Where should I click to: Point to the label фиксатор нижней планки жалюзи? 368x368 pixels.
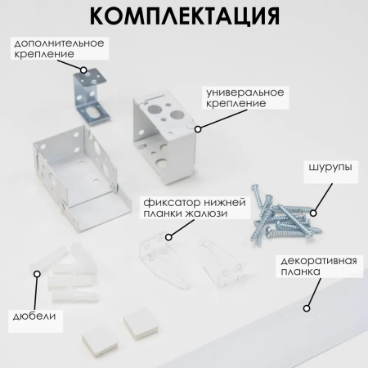click(x=183, y=208)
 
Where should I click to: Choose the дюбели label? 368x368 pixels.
click(x=33, y=316)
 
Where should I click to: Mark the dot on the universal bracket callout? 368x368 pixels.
click(x=196, y=128)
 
